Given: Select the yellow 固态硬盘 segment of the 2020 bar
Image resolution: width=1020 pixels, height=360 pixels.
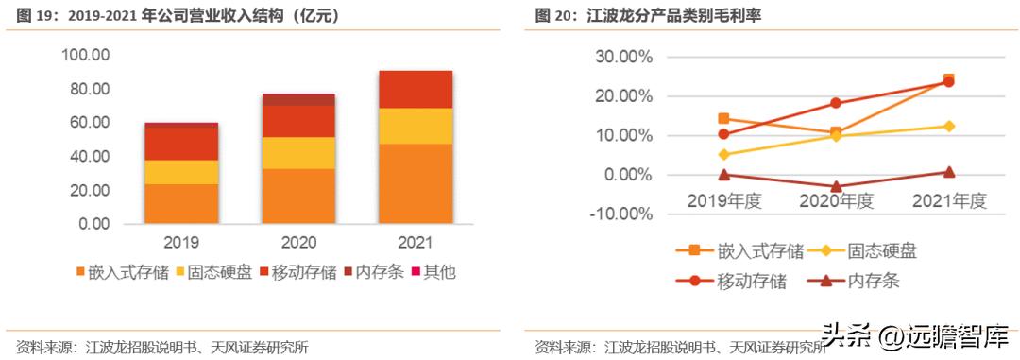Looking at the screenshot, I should (298, 152).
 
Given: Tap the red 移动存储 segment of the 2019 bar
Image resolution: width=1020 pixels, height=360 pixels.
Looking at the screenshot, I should (180, 144).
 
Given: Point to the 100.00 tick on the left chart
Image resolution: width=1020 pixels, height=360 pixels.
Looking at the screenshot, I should (86, 55).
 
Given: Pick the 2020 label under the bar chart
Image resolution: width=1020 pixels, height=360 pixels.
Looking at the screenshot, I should (298, 242).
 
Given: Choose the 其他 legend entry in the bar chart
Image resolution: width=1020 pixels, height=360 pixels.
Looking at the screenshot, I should (433, 273).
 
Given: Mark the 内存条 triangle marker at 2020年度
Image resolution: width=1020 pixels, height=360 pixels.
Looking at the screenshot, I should (836, 187).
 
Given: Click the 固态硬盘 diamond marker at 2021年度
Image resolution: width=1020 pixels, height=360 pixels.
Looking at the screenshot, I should (948, 126).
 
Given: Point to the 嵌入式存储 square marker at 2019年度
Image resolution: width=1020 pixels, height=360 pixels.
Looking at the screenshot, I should (723, 119).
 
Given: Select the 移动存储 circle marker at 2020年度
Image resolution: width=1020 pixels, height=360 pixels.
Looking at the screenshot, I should (836, 103).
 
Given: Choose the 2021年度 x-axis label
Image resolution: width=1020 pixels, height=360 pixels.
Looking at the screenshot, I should (948, 200).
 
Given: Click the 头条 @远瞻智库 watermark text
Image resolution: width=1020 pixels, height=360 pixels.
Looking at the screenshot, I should (911, 334).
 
